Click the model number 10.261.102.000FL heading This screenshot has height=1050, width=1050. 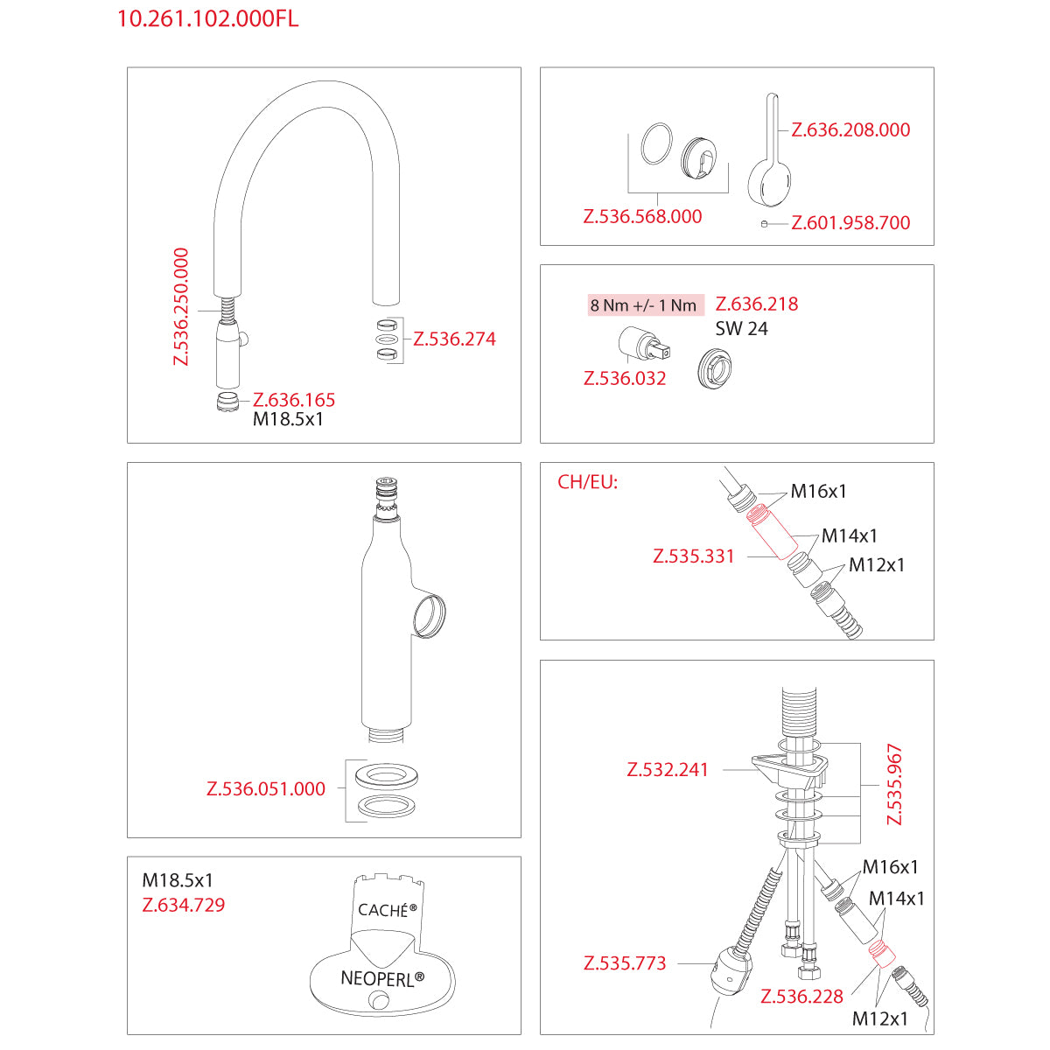tap(207, 19)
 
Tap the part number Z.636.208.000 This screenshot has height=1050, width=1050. tap(850, 129)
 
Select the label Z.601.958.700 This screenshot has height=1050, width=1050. tap(850, 222)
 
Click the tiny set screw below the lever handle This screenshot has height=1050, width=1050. tap(764, 223)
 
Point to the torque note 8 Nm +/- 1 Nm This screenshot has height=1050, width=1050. tap(643, 305)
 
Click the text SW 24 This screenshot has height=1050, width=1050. tap(741, 329)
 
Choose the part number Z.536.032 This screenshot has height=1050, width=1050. tap(625, 378)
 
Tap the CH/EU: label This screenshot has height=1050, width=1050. tap(587, 482)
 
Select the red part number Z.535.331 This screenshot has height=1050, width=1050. tap(694, 556)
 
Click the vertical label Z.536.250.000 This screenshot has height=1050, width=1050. tap(181, 306)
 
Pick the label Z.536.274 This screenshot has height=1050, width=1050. tap(454, 339)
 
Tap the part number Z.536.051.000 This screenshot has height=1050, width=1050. tap(266, 788)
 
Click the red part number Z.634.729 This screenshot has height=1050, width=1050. tap(184, 905)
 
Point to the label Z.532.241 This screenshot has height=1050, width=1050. tap(668, 770)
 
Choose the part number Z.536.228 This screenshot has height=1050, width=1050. tap(801, 996)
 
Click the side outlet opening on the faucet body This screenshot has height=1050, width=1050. tap(429, 615)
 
